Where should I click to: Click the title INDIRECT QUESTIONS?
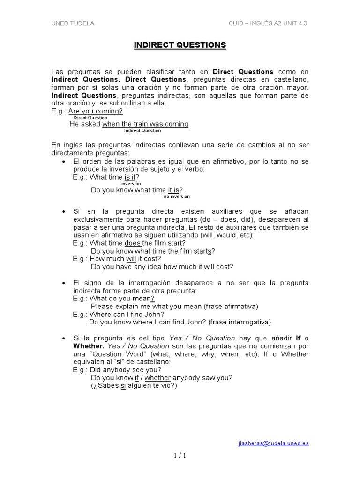[x=180, y=45]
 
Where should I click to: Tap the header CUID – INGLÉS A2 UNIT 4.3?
[x=268, y=23]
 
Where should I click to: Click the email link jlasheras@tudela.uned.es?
[x=274, y=443]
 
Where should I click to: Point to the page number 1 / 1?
[x=180, y=456]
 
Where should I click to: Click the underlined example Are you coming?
[x=96, y=111]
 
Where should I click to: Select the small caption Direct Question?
[x=90, y=118]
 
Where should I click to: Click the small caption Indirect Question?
[x=142, y=131]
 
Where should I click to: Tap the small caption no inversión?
[x=177, y=197]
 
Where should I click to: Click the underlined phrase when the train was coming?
[x=145, y=124]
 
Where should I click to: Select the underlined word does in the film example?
[x=133, y=243]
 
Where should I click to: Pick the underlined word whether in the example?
[x=157, y=378]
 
